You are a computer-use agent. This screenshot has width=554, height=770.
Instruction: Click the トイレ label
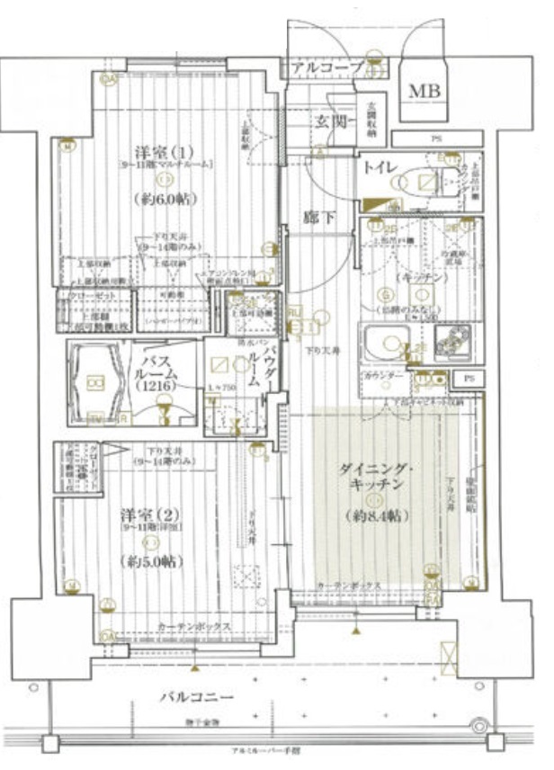click(x=380, y=166)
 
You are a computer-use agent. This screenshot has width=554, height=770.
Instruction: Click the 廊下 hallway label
click(x=318, y=217)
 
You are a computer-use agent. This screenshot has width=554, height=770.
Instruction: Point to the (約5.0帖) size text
click(x=150, y=560)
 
